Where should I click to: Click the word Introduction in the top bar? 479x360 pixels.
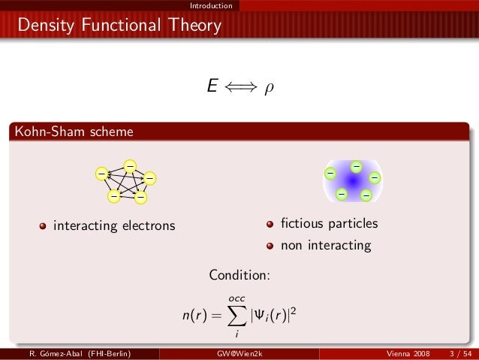(x=210, y=6)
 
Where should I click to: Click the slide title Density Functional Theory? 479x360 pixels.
(x=120, y=26)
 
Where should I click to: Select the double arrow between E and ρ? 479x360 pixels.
(x=241, y=89)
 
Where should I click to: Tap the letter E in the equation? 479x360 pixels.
(x=213, y=88)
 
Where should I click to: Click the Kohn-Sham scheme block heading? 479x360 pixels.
(x=72, y=132)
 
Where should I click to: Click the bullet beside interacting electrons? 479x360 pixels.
(x=44, y=225)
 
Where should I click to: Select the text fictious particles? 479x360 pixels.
(x=329, y=224)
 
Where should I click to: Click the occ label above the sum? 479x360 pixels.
(x=236, y=299)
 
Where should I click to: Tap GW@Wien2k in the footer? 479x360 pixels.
(x=239, y=353)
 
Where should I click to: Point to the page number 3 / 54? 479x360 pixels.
(x=457, y=353)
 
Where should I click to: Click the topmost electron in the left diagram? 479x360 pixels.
(x=129, y=165)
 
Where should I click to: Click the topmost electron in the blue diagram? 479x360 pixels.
(x=356, y=166)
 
